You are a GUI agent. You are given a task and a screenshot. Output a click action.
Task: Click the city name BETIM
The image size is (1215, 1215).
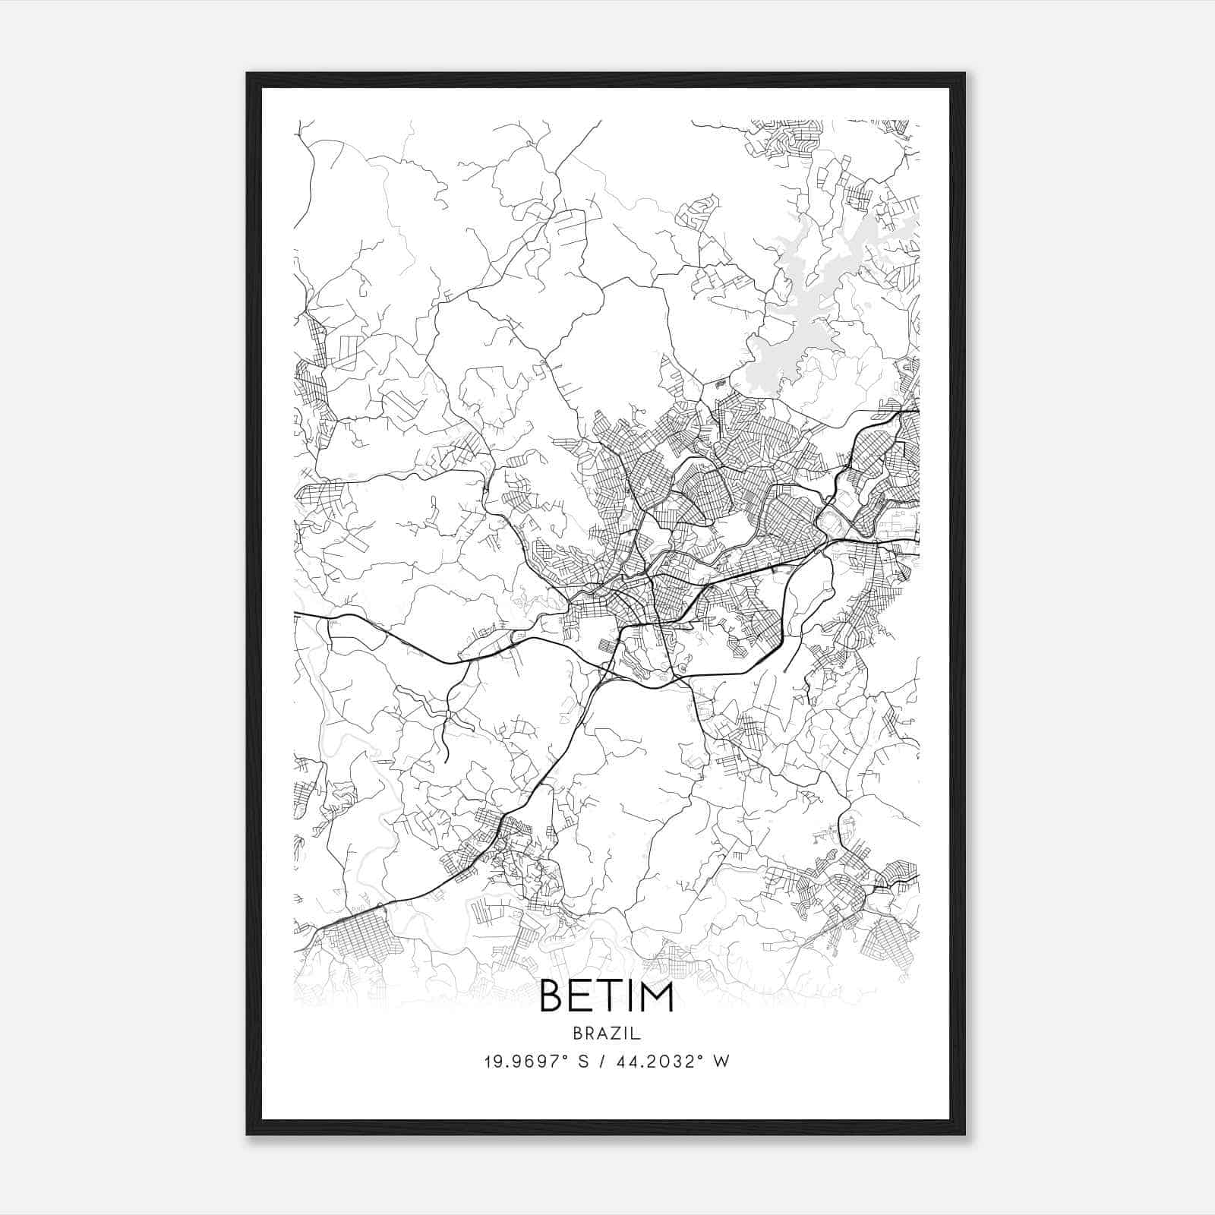click(x=607, y=997)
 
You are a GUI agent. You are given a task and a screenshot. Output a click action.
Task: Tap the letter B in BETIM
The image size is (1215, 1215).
click(x=552, y=997)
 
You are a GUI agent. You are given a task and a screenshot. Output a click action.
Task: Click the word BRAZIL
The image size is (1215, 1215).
click(x=607, y=1034)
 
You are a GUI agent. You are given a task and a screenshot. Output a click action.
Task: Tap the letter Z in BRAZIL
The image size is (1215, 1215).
click(x=617, y=1034)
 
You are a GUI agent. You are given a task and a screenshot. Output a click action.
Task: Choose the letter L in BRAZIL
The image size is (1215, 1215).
click(x=637, y=1034)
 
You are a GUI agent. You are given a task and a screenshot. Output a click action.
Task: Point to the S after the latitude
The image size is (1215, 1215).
click(x=583, y=1062)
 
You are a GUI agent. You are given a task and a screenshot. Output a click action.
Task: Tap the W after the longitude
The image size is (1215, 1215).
click(x=721, y=1062)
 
